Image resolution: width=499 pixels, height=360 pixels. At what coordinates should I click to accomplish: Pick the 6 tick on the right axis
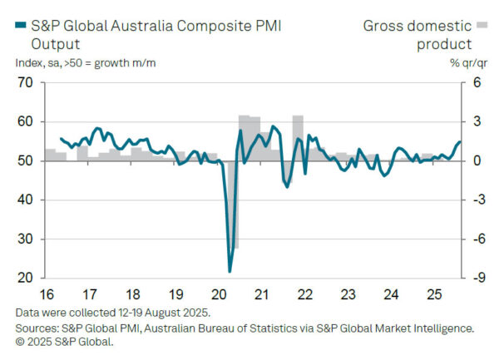(478, 82)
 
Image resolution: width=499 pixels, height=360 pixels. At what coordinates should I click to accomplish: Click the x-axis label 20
(219, 293)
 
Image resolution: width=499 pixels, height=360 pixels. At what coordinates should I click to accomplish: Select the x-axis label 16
(47, 293)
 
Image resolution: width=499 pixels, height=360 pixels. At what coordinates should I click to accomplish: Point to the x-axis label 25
(432, 293)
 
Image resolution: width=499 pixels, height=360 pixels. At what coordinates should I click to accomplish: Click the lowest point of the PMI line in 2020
(230, 271)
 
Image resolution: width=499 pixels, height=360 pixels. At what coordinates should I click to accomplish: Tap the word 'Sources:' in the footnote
(37, 328)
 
